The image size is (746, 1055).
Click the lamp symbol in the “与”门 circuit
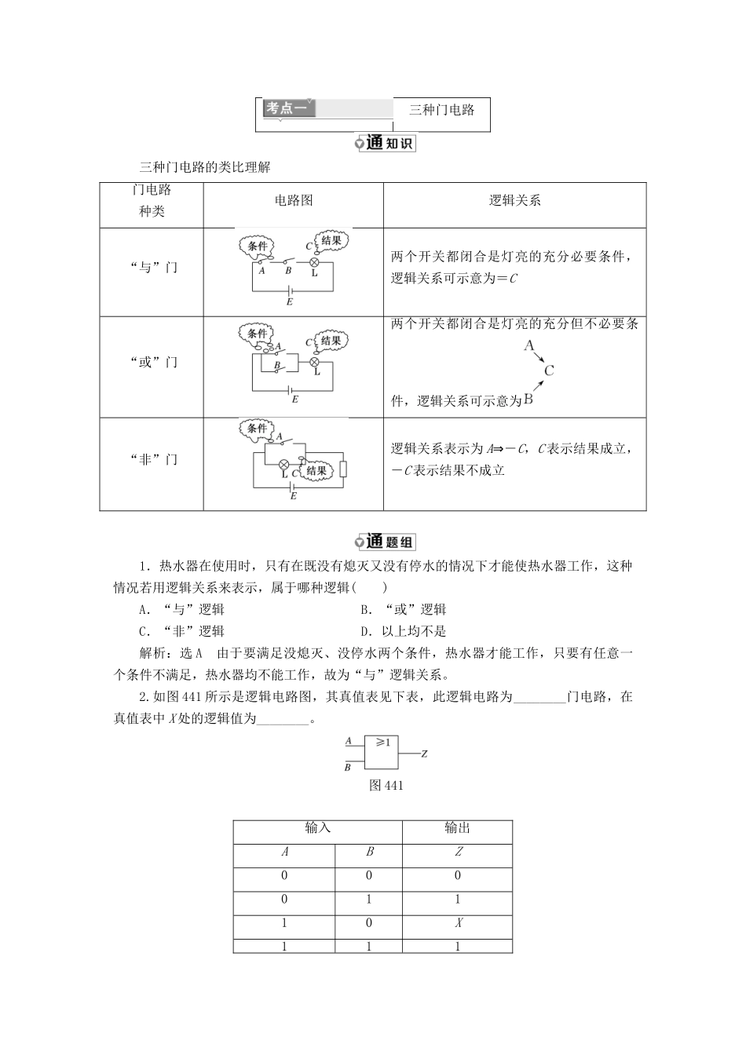pyautogui.click(x=314, y=263)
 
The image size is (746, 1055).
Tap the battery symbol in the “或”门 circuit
pyautogui.click(x=291, y=389)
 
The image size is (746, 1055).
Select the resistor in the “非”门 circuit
pyautogui.click(x=343, y=469)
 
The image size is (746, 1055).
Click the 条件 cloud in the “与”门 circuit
pyautogui.click(x=257, y=247)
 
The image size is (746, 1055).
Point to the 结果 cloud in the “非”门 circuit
pyautogui.click(x=316, y=470)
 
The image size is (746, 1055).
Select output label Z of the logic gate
pyautogui.click(x=424, y=754)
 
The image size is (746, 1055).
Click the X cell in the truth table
pyautogui.click(x=458, y=923)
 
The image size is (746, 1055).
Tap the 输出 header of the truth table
pyautogui.click(x=457, y=828)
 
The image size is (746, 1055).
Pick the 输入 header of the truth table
pyautogui.click(x=317, y=828)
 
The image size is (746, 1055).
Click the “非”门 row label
pyautogui.click(x=152, y=459)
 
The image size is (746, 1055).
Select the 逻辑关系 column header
pyautogui.click(x=514, y=200)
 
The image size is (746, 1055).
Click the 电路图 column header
pyautogui.click(x=294, y=200)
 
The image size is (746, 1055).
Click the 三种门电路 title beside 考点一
pyautogui.click(x=442, y=110)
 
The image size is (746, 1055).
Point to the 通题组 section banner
pyautogui.click(x=385, y=542)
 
